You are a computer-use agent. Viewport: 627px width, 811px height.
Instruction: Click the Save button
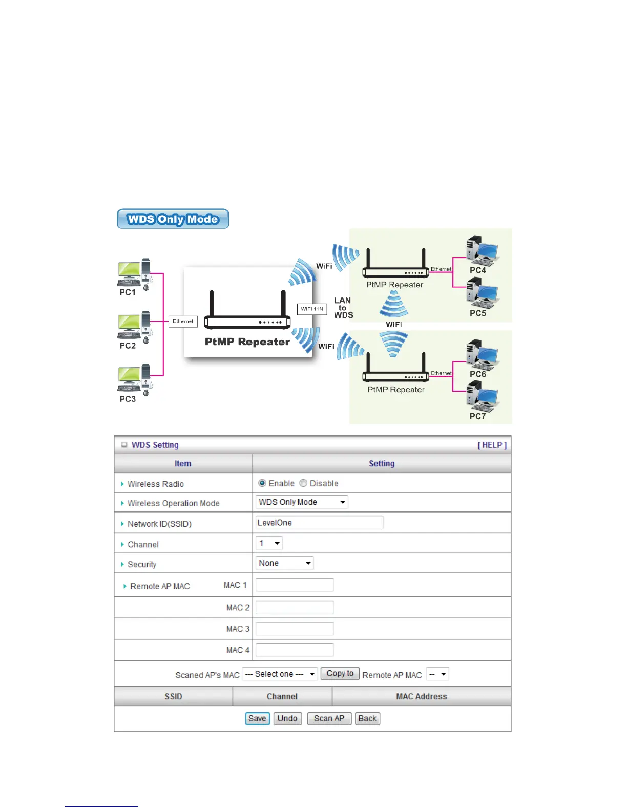pos(257,718)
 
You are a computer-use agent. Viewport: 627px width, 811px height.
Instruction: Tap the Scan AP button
pos(329,718)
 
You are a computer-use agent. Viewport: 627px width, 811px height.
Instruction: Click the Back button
pos(367,718)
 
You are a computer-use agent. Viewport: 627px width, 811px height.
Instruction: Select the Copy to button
pos(340,674)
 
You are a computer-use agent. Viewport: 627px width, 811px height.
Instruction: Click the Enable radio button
pos(262,483)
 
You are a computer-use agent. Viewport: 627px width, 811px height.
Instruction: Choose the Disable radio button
pos(303,483)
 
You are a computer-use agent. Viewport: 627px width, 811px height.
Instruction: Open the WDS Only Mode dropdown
pos(302,502)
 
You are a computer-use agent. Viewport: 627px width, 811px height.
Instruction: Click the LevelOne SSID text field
pos(319,523)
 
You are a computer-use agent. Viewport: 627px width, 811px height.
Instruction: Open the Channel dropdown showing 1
pos(269,543)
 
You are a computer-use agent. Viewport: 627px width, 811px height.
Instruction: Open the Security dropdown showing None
pos(284,563)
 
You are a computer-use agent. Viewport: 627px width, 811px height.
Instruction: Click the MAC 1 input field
pos(295,585)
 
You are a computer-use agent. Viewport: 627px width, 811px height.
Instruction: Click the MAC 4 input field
pos(295,650)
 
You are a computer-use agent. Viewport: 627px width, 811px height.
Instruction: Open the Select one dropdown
pos(280,674)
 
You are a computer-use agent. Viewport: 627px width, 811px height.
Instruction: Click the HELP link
pos(492,445)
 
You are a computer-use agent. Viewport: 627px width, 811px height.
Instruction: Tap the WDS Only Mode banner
pos(173,219)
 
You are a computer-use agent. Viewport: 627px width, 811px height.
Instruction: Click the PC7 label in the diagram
pos(477,416)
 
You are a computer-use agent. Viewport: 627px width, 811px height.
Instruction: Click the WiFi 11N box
pos(312,309)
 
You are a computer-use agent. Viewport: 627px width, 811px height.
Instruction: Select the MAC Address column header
pos(421,696)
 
